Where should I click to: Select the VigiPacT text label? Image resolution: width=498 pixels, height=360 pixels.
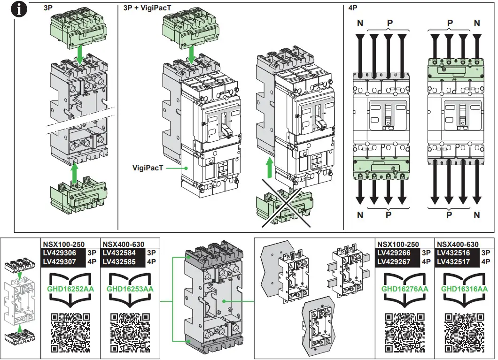[x=148, y=167]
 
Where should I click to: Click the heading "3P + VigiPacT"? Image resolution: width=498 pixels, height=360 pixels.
[x=140, y=8]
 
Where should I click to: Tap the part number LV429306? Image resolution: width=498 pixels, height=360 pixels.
[x=60, y=253]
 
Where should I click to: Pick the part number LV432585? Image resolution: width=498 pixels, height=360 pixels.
[x=119, y=261]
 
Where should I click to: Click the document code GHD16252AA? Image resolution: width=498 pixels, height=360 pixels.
[x=71, y=289]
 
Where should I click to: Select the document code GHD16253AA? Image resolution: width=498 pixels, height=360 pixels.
[x=130, y=289]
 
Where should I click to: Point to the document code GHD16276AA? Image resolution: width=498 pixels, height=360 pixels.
[x=405, y=289]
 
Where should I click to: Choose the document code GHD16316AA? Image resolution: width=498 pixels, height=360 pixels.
[x=464, y=289]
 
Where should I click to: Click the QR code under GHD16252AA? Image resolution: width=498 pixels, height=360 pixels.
[x=71, y=332]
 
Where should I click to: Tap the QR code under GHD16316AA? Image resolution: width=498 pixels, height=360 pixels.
[x=464, y=332]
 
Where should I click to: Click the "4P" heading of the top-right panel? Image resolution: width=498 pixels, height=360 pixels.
[x=353, y=8]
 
